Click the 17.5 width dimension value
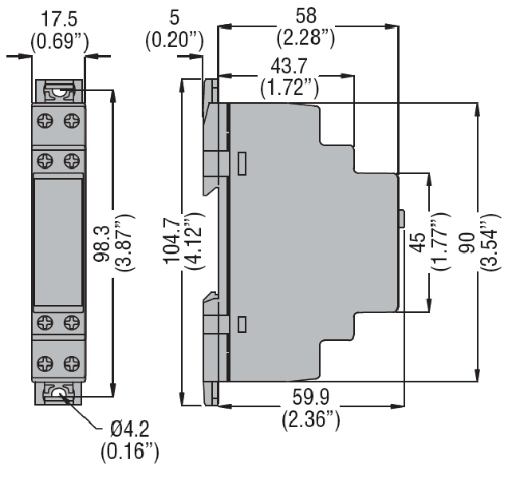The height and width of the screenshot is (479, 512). (58, 18)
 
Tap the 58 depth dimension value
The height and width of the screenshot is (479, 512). (305, 15)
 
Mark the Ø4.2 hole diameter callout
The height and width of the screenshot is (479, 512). (130, 432)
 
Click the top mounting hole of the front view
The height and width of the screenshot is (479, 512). (58, 92)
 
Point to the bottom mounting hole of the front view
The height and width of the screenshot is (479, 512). (58, 393)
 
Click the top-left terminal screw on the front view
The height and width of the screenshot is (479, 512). (45, 121)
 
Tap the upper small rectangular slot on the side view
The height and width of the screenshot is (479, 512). (242, 164)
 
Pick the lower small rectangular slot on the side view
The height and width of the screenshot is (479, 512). (242, 323)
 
